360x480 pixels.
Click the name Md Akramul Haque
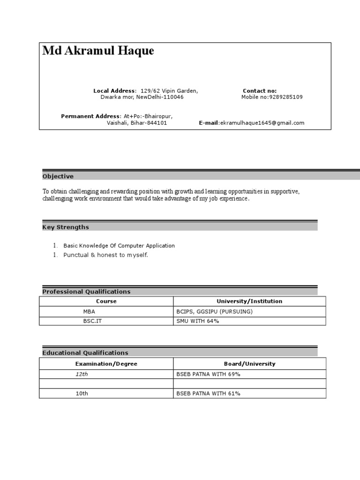pos(98,51)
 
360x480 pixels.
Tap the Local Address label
pos(114,91)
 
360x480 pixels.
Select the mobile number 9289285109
pos(285,97)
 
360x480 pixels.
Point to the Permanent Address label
pos(90,116)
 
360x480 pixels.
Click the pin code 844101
pos(157,123)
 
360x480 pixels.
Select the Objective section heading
pos(58,177)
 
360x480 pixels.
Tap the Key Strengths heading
pos(66,227)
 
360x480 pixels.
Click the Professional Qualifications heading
pos(86,292)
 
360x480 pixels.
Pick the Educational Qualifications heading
pos(85,353)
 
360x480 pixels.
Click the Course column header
pos(106,301)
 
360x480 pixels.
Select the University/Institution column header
pos(249,301)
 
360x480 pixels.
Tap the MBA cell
pos(89,312)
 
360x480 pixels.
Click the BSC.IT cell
pos(92,322)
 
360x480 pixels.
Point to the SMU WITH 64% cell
pos(198,322)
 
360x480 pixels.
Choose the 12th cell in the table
pos(82,374)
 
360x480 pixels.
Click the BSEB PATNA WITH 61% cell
pos(208,394)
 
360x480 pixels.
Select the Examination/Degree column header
pos(106,364)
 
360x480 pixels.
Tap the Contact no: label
pos(260,91)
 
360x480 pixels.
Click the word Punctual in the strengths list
pos(75,255)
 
